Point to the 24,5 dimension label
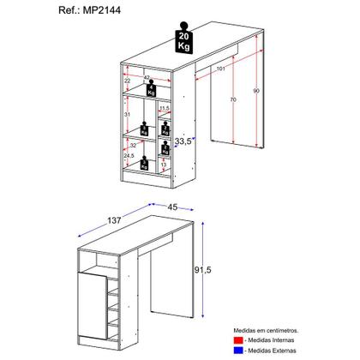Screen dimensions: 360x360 tap(129, 156)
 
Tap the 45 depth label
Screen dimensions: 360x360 tap(173, 206)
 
